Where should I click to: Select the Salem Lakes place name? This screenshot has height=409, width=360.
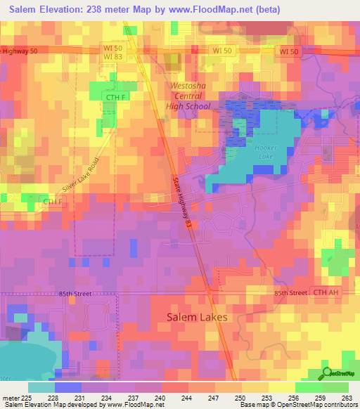click(197, 317)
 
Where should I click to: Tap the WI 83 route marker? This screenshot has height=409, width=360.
click(112, 56)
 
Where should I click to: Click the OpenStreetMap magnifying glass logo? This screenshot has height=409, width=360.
click(327, 373)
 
